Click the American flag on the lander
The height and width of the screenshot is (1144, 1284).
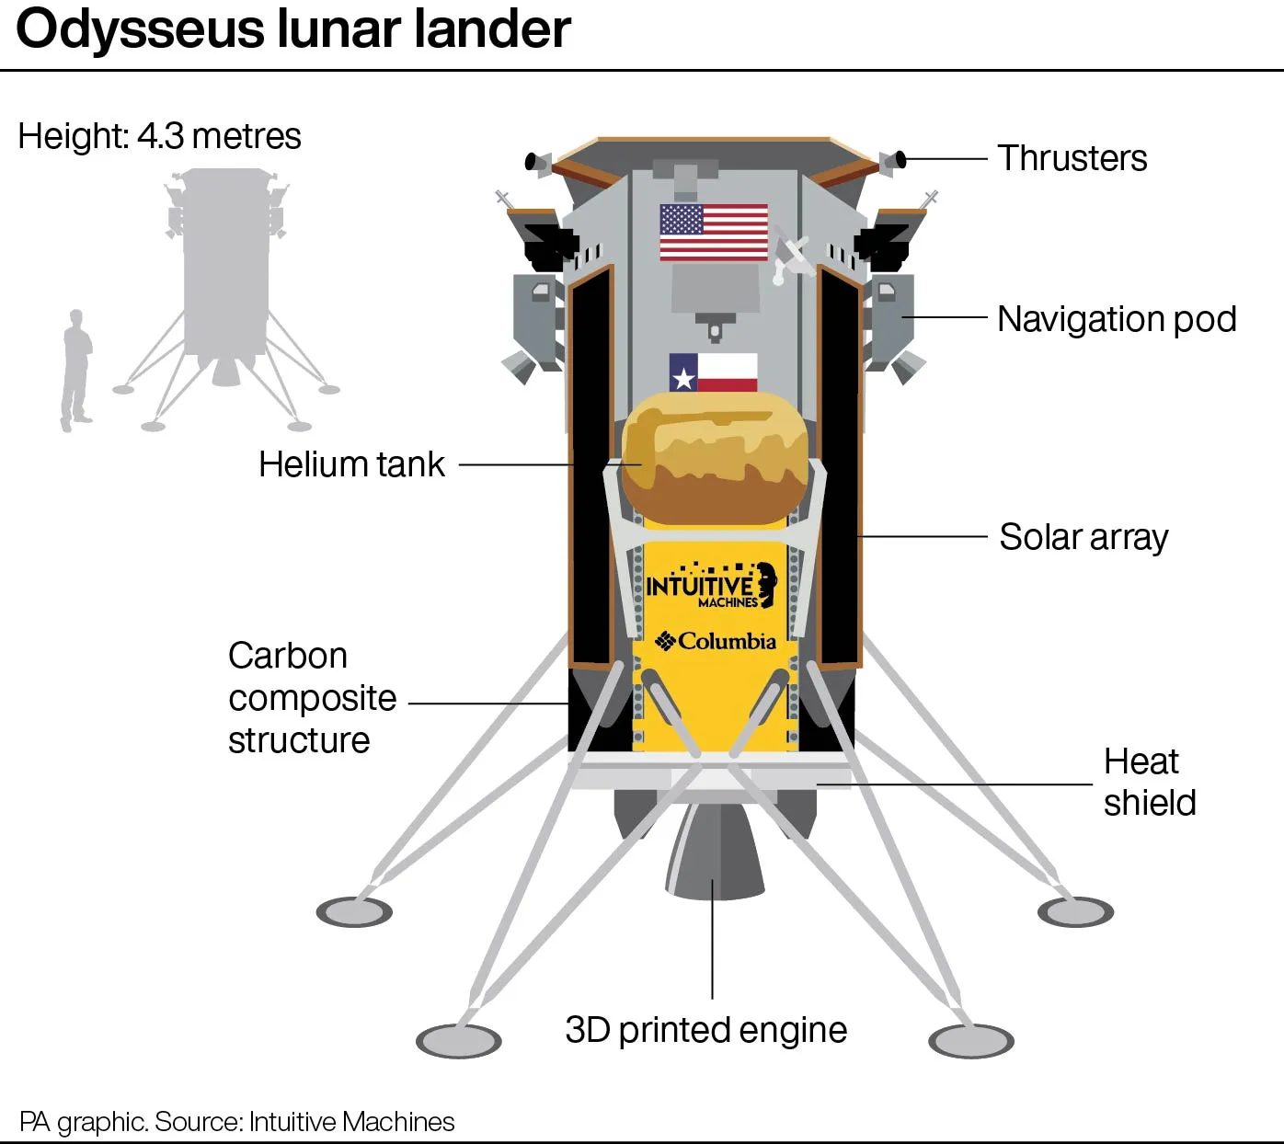point(714,232)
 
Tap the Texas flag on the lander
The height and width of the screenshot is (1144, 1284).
point(713,372)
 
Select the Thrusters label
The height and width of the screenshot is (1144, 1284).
point(1072,158)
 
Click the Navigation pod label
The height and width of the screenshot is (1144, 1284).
point(1117,319)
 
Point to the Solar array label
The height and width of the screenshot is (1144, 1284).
point(1083,537)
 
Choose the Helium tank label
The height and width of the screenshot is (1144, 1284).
point(351,463)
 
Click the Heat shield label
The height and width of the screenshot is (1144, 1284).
point(1150,782)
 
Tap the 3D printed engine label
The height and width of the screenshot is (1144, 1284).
point(706,1030)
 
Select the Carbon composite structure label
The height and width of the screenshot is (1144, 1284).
point(313,697)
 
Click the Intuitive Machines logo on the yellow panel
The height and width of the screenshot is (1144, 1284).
point(712,585)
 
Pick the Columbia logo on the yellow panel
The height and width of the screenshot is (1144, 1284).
point(716,641)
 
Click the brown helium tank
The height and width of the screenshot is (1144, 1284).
point(715,458)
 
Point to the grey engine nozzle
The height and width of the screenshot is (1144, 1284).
point(715,851)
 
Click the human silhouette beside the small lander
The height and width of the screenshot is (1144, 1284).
point(76,370)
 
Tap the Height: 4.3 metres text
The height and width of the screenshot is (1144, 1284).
point(160,135)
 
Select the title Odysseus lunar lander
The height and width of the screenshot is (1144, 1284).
point(293,29)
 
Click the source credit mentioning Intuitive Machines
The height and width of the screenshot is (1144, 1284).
point(237,1121)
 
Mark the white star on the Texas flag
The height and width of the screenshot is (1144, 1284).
point(683,378)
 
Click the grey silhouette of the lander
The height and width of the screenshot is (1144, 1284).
point(225,299)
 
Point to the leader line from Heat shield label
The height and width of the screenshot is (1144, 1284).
point(955,784)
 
